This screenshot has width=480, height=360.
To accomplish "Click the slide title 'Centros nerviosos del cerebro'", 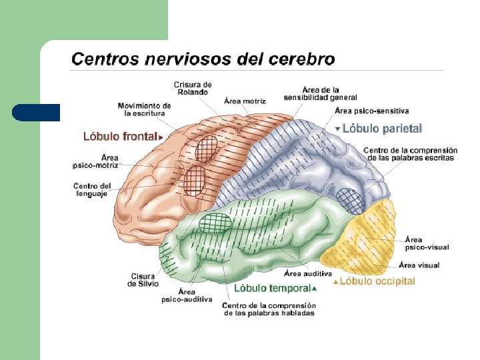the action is point(203,59).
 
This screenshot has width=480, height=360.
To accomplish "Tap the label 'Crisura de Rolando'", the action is point(193,88).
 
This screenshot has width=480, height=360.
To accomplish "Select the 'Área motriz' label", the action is point(245,101).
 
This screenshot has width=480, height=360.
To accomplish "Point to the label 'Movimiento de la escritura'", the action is point(144,109).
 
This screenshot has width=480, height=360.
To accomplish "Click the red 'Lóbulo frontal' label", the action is point(120,137).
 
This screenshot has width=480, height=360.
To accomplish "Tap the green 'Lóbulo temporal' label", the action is point(271,288).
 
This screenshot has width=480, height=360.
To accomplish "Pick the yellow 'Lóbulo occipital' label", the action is point(377,281).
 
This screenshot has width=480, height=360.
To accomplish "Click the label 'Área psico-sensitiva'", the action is point(372,111).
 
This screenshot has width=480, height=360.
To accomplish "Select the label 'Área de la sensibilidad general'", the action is point(320,93).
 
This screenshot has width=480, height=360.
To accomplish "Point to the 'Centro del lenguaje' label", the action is point(91,189).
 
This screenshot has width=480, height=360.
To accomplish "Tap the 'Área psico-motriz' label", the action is point(95,161).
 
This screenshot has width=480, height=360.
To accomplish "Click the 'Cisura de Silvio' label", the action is point(143,279).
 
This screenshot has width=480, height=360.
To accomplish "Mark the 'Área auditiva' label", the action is point(308,273).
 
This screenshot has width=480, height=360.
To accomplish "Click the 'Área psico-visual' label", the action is point(427,243).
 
